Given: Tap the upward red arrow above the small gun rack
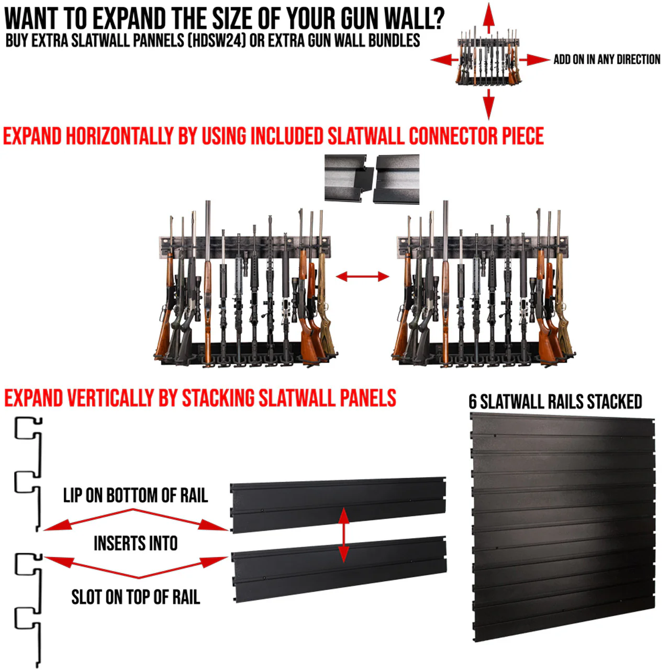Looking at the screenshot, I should (488, 18).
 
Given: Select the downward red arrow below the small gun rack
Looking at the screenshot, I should (488, 103).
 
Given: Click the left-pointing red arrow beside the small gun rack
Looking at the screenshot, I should (444, 60).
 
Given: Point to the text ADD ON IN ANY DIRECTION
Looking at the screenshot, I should (607, 60).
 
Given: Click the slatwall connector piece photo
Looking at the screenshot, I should (372, 179).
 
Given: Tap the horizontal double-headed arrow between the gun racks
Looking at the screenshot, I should (362, 276).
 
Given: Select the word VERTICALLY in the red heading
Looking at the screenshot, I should (110, 398).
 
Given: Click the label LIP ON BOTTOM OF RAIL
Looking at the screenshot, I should (135, 495).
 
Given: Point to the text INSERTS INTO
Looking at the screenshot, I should (135, 543).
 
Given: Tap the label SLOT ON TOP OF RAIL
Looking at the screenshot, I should (135, 597).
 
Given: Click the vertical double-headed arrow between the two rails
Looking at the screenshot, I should (343, 534).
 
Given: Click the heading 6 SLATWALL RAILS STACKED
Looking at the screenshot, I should (555, 401).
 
